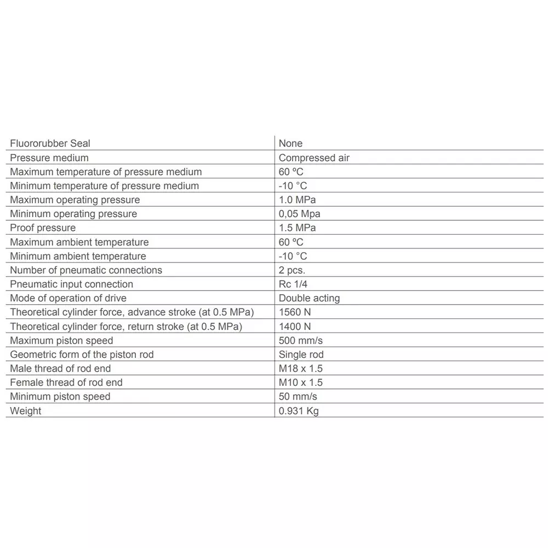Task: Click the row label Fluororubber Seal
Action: coord(50,144)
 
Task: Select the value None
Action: coord(290,144)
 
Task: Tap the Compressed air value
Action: coord(314,158)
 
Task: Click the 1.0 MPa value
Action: coord(297,200)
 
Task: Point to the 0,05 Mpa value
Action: coord(299,214)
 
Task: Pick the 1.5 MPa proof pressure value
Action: coord(297,228)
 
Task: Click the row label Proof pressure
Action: coord(43,228)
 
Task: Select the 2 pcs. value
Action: coord(292,270)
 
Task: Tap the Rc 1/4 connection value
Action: coord(293,284)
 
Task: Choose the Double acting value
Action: coord(309,298)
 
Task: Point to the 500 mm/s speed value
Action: coord(300,340)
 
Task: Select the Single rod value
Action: coord(301,355)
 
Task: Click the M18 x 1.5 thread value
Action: coord(300,368)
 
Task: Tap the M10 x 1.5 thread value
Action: coord(300,383)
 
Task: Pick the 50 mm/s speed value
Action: coord(298,397)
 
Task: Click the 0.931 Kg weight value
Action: coord(298,411)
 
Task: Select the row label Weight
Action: coord(25,411)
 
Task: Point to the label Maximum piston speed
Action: coord(61,340)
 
